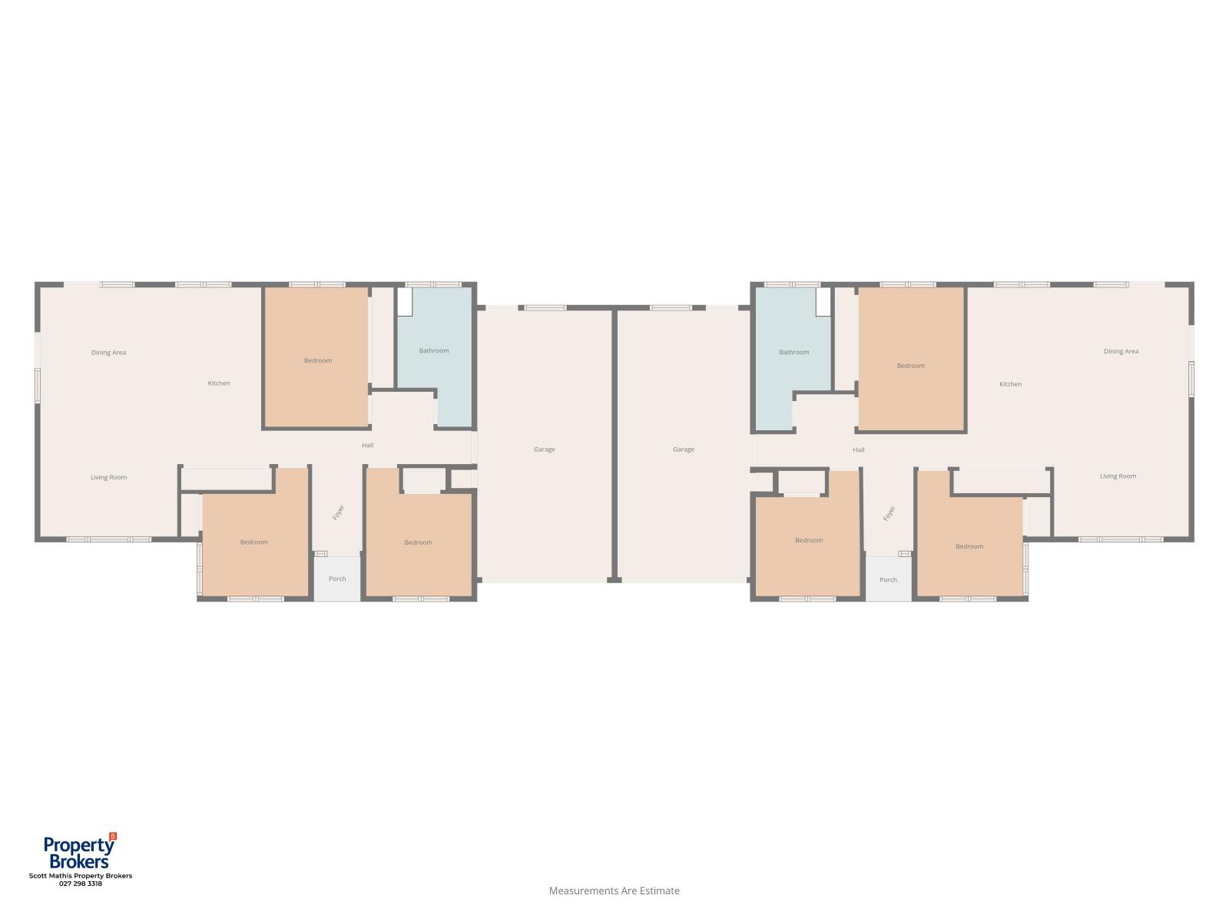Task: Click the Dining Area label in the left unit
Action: tap(108, 353)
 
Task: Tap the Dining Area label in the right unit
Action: tap(1121, 352)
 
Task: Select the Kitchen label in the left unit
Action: tap(219, 383)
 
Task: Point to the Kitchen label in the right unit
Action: tap(1011, 384)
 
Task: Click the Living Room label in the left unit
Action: tap(108, 477)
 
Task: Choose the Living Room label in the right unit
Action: tap(1118, 476)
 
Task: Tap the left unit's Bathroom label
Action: tap(434, 351)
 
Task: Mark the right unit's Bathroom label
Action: tap(794, 352)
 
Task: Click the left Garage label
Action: tap(545, 449)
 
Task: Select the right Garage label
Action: tap(684, 449)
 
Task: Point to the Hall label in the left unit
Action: tap(368, 446)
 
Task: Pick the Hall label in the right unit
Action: tap(858, 450)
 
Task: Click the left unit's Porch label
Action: tap(337, 579)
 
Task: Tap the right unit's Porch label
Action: tap(888, 580)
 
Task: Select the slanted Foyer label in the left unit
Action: tap(338, 512)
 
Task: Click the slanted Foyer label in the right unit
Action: tap(889, 513)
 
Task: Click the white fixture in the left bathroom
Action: tap(405, 302)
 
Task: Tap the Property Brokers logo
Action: tap(80, 851)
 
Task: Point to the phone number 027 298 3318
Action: tap(81, 884)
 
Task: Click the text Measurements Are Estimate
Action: tap(614, 890)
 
